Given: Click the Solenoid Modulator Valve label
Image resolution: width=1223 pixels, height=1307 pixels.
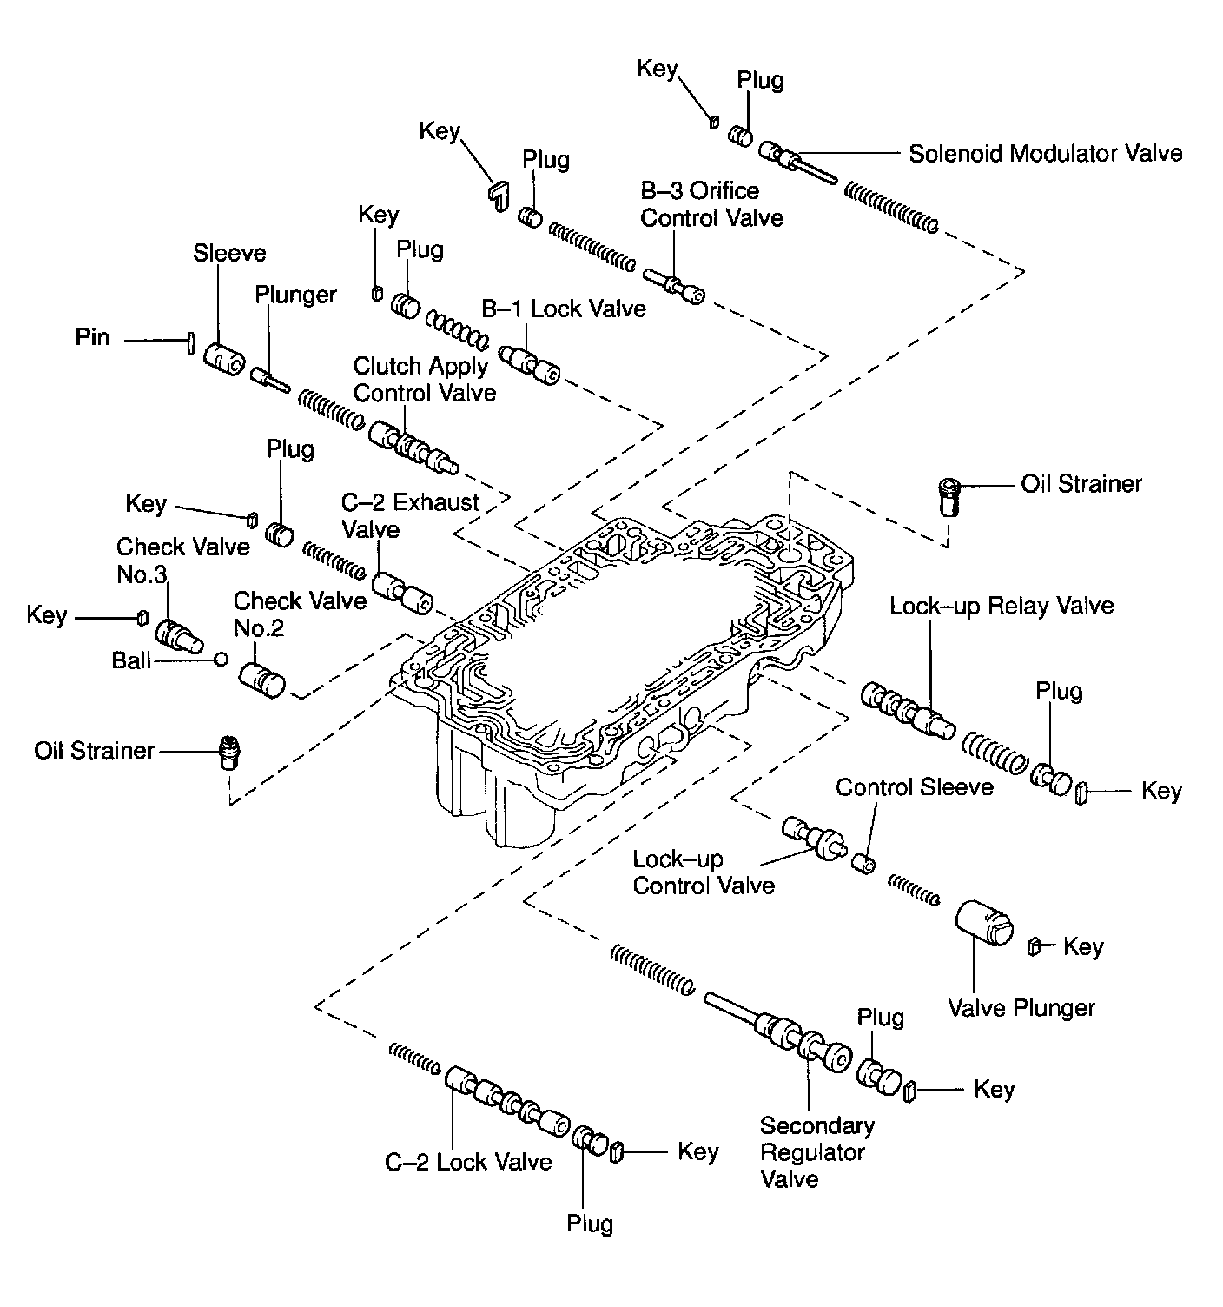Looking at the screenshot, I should point(1045,154).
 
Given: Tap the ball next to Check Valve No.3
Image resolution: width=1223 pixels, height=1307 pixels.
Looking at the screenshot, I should point(221,660).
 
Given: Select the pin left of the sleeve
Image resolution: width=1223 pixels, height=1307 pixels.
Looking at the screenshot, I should point(188,342).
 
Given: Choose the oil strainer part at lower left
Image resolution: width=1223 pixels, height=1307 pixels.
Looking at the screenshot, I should point(230,752).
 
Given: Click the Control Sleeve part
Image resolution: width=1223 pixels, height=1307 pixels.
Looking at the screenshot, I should point(863,863).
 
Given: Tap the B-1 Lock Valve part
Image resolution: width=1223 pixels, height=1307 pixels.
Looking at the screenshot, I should point(530,364).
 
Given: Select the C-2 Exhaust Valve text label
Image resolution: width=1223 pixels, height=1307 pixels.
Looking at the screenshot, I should point(410,515).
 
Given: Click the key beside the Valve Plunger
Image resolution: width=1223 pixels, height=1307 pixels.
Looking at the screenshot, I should point(1035,946).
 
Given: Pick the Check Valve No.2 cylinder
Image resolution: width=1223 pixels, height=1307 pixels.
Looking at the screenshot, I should point(261,679).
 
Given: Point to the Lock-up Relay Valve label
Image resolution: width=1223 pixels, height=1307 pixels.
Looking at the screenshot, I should point(1002,606).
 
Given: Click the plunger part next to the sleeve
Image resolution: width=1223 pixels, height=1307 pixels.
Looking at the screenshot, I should point(270,380).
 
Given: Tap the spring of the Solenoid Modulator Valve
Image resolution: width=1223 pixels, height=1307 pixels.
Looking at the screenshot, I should point(891,207).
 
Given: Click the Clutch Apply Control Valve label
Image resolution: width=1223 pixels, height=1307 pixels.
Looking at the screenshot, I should point(424,380).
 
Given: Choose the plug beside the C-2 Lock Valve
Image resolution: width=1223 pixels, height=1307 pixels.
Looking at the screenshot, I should point(592,1138).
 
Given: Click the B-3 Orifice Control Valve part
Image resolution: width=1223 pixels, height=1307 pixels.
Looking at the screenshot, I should point(674,285).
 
